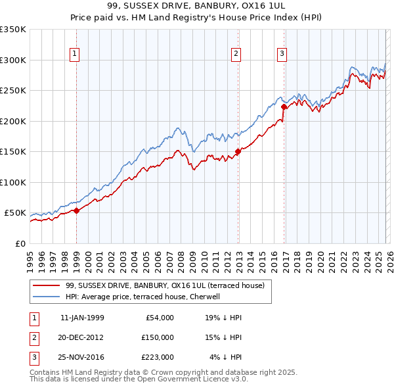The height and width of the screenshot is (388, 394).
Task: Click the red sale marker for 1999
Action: [x=76, y=210]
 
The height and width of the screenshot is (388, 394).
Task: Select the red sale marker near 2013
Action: [x=238, y=152]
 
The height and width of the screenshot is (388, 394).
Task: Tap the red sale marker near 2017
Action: [x=284, y=107]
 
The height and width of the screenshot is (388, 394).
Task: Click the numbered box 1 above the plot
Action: [x=75, y=55]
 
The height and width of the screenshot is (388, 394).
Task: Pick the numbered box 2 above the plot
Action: [x=236, y=55]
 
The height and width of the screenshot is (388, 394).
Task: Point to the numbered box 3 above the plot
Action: [x=282, y=55]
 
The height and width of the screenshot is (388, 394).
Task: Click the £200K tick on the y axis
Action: [x=13, y=121]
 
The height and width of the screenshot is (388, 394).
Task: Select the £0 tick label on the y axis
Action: [x=20, y=243]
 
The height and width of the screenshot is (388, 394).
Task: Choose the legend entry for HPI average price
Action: [x=142, y=297]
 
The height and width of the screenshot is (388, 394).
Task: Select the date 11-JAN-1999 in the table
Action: [x=82, y=318]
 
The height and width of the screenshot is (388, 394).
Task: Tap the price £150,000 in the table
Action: [x=158, y=337]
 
